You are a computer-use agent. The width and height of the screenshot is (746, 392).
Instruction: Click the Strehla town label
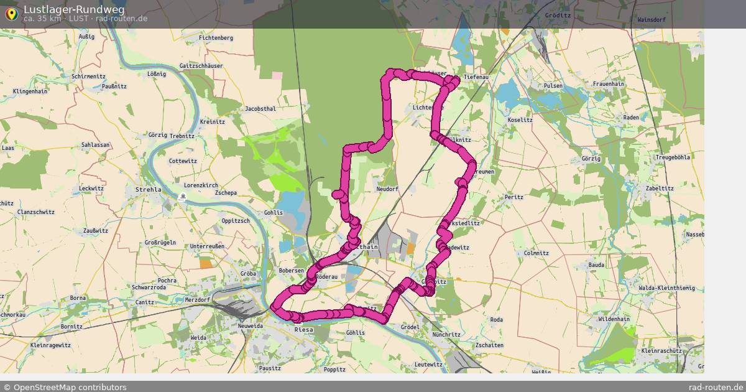(148, 189)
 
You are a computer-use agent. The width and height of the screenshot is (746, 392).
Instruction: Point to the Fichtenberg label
(216, 38)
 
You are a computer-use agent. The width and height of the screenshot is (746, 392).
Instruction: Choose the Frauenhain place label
(608, 83)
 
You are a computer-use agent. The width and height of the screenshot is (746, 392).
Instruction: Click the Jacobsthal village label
(260, 108)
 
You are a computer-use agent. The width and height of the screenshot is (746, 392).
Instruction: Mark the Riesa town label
(303, 330)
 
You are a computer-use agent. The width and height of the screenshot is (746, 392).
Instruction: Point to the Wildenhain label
(614, 319)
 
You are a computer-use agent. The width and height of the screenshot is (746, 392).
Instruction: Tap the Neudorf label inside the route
(387, 189)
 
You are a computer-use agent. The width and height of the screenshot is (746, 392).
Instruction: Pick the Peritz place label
(514, 197)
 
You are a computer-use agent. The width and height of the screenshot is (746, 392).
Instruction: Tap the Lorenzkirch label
(201, 185)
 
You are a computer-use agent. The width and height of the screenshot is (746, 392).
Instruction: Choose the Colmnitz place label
(536, 253)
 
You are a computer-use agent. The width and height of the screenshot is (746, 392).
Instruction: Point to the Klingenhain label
(30, 91)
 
